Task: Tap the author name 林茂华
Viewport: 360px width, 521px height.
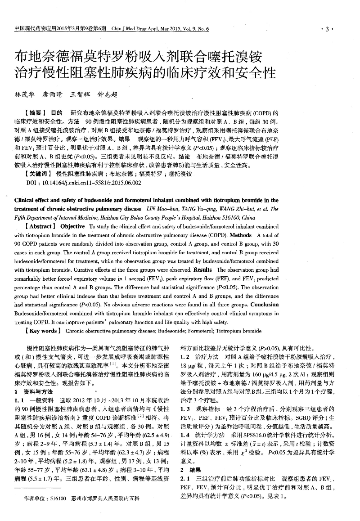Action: pos(24,95)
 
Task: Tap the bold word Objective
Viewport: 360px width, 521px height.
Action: pos(72,226)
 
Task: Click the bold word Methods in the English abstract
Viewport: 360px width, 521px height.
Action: pos(240,235)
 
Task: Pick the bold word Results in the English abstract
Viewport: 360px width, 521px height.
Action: pos(202,269)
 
